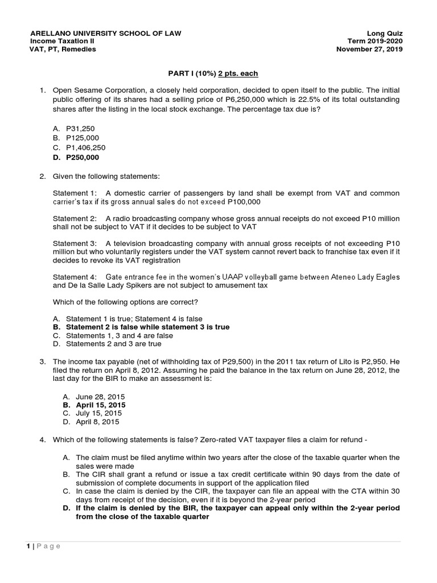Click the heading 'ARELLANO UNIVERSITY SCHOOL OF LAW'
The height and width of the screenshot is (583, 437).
coord(105,33)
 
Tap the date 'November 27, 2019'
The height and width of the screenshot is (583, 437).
coord(369,49)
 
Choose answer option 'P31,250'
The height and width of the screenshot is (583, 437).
coord(80,129)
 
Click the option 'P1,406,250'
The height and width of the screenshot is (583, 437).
coord(85,147)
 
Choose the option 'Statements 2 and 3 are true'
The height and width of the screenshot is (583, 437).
coord(113,344)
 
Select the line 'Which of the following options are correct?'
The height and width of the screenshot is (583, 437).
coord(125,302)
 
